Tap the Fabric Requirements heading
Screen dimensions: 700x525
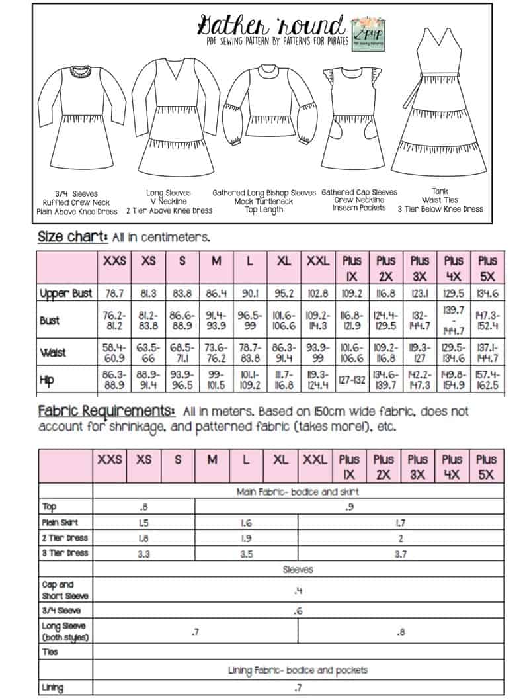click(106, 412)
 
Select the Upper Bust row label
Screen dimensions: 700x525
click(65, 293)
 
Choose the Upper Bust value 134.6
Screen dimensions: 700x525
click(487, 293)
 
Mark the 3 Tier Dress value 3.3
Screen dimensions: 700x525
click(143, 554)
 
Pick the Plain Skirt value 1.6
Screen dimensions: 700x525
click(246, 523)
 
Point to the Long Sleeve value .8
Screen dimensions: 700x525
click(401, 632)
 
